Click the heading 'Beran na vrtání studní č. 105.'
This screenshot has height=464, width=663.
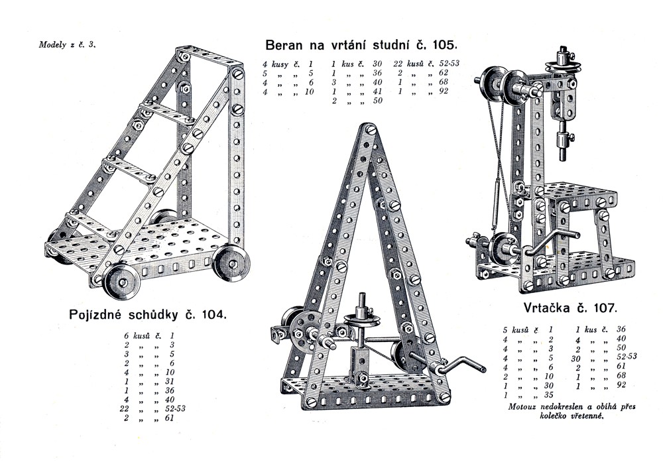tap(361, 45)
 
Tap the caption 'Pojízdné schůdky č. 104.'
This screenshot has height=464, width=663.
tap(148, 314)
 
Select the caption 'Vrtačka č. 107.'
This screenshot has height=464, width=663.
tap(570, 307)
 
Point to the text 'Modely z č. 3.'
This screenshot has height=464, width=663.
tap(68, 44)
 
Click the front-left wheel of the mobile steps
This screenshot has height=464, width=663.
tap(121, 282)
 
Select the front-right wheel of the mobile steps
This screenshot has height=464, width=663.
tap(231, 263)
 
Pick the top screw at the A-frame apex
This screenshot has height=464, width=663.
tap(371, 129)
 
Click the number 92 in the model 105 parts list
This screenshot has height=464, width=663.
tap(443, 91)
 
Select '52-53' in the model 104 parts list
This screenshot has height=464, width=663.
tap(175, 408)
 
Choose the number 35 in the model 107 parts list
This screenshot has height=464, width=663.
tap(549, 395)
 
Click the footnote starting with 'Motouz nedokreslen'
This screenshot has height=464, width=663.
tap(572, 411)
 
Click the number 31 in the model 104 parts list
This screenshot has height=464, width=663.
tap(170, 381)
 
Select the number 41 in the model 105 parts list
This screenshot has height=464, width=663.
tap(377, 91)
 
